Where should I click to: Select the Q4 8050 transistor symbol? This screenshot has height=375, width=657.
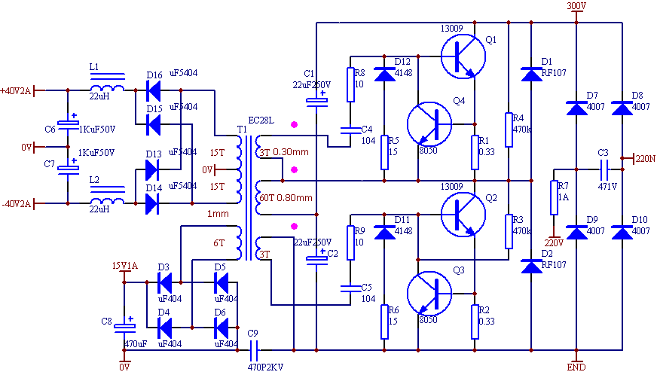(x=429, y=123)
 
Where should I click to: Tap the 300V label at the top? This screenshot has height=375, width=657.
(x=576, y=6)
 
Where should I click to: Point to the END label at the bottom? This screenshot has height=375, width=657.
(x=576, y=367)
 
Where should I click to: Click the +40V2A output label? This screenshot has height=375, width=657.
(x=17, y=90)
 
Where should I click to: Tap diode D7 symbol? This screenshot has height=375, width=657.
(x=576, y=108)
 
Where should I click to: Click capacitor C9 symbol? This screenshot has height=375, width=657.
(x=253, y=349)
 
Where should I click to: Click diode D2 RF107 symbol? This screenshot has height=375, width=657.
(x=531, y=266)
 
